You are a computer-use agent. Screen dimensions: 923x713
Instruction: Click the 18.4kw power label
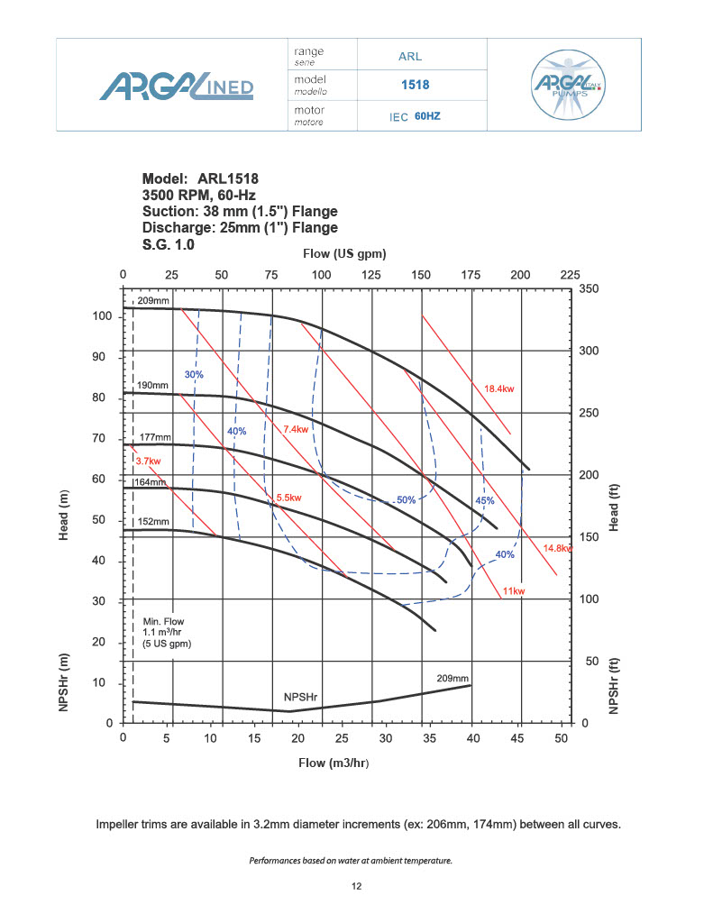pyautogui.click(x=498, y=388)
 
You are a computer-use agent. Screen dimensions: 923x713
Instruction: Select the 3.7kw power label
pyautogui.click(x=148, y=461)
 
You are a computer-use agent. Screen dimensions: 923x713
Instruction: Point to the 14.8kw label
pyautogui.click(x=557, y=548)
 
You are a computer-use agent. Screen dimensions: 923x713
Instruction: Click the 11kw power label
pyautogui.click(x=514, y=590)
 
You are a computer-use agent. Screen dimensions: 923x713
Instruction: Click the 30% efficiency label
pyautogui.click(x=195, y=373)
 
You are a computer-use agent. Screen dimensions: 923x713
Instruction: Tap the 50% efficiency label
pyautogui.click(x=406, y=499)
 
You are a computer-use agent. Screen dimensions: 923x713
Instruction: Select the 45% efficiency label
pyautogui.click(x=484, y=500)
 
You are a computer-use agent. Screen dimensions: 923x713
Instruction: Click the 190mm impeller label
pyautogui.click(x=152, y=385)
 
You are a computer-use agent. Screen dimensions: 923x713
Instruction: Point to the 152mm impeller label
pyautogui.click(x=152, y=521)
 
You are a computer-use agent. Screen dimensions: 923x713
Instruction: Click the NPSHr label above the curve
pyautogui.click(x=300, y=698)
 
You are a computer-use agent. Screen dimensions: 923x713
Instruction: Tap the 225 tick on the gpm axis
pyautogui.click(x=569, y=274)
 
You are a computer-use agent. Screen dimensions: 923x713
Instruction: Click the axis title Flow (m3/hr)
pyautogui.click(x=334, y=763)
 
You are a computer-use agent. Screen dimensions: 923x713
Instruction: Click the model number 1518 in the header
pyautogui.click(x=415, y=87)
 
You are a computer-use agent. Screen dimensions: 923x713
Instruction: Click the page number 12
pyautogui.click(x=356, y=888)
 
